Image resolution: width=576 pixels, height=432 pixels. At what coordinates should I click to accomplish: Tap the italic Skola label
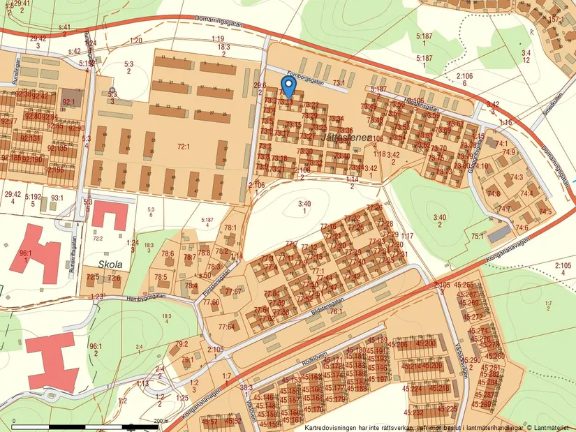coord(110,265)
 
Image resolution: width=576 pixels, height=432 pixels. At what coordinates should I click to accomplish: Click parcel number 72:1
coord(184,147)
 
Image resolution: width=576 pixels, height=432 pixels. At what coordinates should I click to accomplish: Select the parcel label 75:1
coord(477,237)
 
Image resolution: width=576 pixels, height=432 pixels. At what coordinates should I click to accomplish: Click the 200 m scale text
coord(161,420)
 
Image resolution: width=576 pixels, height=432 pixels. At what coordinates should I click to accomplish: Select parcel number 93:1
coord(57,198)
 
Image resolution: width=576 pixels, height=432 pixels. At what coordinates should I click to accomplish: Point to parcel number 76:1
coord(336,311)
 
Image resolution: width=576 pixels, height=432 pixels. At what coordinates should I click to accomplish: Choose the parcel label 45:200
coord(426,343)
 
